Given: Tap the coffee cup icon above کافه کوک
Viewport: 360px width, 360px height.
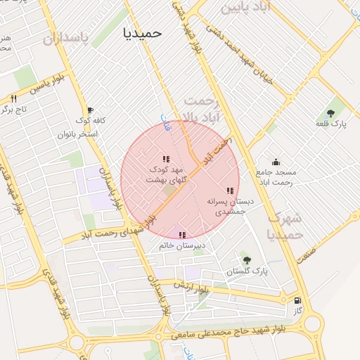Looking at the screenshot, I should (x=89, y=110).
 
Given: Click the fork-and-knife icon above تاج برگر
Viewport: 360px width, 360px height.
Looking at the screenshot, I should (x=13, y=98).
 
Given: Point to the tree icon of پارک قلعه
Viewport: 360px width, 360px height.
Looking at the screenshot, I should (x=330, y=113).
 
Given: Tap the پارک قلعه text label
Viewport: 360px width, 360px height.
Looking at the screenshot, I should (x=330, y=124).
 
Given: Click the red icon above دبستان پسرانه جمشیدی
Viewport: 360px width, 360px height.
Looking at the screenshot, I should (x=230, y=190).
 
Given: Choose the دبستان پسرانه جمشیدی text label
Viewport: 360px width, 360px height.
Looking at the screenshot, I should (x=229, y=205).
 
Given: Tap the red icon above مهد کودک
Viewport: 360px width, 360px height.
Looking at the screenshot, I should (x=165, y=159).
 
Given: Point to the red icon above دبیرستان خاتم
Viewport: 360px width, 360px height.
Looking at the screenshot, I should (x=182, y=235).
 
